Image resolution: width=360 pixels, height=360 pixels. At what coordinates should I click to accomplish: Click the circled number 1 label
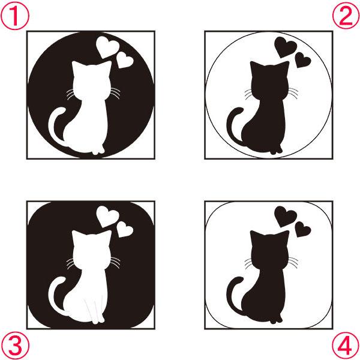(15, 16)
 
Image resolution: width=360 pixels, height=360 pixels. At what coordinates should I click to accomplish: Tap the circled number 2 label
(346, 16)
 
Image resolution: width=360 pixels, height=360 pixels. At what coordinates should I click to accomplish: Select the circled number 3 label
(15, 345)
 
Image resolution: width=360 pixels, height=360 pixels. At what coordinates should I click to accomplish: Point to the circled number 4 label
(346, 346)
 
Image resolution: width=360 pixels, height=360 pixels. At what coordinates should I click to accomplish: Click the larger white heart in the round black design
(107, 47)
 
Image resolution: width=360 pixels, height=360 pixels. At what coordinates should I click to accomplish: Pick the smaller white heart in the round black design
(124, 60)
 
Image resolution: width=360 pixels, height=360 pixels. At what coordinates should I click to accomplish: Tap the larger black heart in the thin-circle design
(285, 47)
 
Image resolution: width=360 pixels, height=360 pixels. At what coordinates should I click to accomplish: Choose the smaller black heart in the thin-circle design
(302, 59)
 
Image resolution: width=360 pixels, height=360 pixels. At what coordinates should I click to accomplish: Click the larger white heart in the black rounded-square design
(107, 216)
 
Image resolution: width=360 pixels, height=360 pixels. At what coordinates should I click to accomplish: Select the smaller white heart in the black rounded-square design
(124, 229)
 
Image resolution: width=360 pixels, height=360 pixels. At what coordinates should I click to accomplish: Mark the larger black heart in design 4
(285, 216)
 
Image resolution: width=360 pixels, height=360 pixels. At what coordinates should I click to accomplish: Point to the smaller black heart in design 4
(302, 229)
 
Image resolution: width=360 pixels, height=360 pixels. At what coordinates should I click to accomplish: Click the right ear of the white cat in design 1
(106, 67)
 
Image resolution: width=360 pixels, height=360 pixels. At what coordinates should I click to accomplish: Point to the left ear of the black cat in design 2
(256, 67)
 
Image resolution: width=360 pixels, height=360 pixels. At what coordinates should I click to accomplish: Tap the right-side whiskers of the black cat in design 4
(293, 262)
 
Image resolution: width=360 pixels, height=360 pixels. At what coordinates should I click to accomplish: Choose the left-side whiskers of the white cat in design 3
(70, 263)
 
